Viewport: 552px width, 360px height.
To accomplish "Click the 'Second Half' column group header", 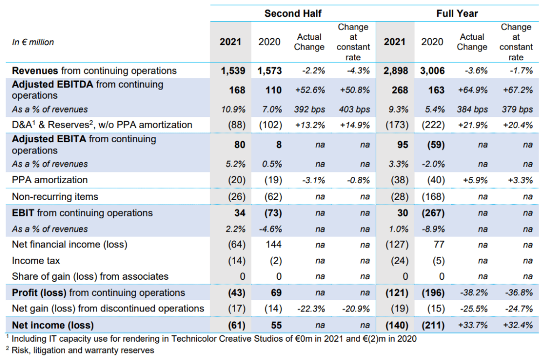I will coord(293,13).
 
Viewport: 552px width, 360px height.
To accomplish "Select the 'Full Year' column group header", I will coord(457,13).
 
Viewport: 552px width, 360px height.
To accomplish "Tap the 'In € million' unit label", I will coord(33,42).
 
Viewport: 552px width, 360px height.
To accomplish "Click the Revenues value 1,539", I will coord(233,71).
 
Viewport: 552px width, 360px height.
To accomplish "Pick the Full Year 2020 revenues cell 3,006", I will coord(432,71).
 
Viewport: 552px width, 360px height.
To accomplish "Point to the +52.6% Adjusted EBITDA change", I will coord(309,90).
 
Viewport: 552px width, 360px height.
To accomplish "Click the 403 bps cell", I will coord(355,109).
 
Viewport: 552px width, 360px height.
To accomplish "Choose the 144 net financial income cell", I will coord(270,245).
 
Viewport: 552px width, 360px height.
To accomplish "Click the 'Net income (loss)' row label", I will coord(52,325).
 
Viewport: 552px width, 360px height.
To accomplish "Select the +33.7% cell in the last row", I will coord(472,325).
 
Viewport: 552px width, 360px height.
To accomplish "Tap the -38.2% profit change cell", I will coord(472,293).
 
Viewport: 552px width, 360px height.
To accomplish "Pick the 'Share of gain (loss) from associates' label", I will coord(90,276).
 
